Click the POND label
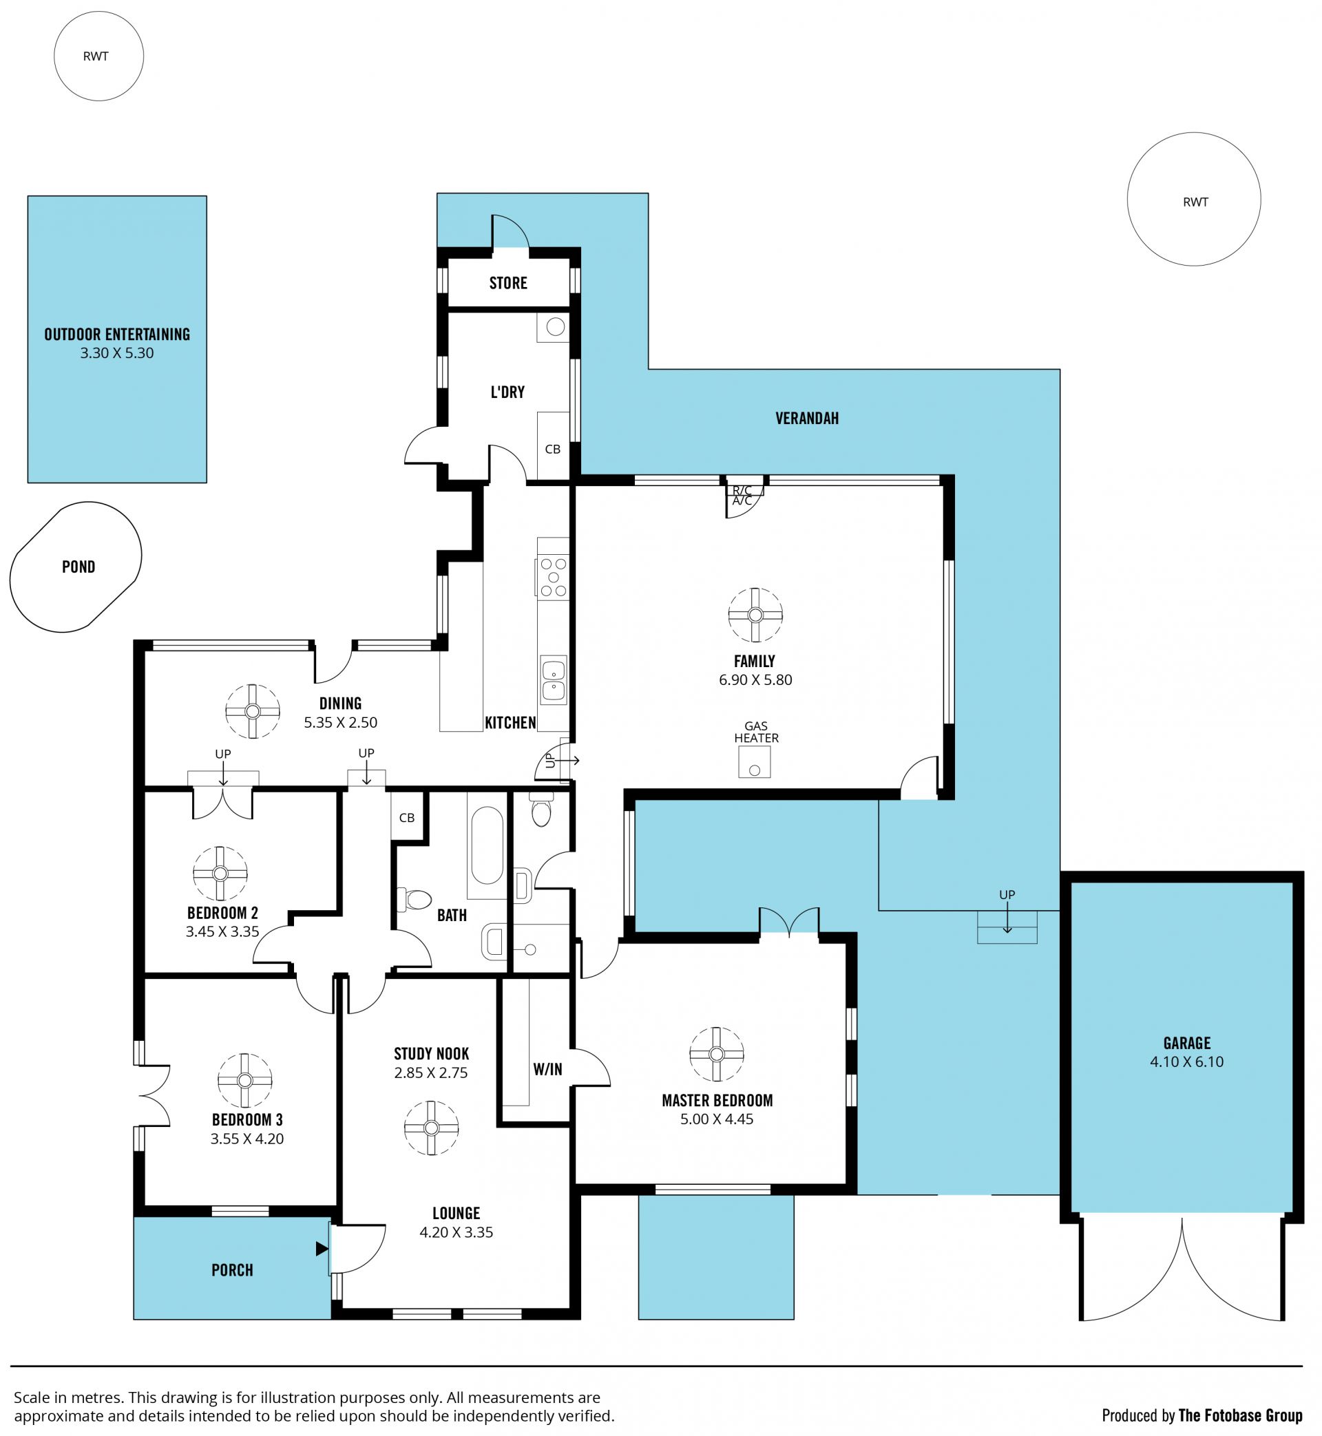tap(78, 567)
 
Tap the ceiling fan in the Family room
tap(755, 615)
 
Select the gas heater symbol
tap(755, 762)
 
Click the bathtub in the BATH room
tap(487, 846)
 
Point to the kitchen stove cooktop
tap(552, 577)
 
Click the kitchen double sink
tap(553, 680)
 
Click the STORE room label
tap(508, 283)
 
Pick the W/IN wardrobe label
tap(547, 1069)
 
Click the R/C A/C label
tap(742, 496)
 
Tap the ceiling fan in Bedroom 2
tap(220, 874)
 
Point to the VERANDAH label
tap(807, 419)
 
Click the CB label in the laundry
tap(552, 449)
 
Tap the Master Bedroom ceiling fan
tap(717, 1054)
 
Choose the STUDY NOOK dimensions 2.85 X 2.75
tap(430, 1073)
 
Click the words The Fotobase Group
tap(1241, 1415)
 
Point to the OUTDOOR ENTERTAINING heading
tap(117, 335)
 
